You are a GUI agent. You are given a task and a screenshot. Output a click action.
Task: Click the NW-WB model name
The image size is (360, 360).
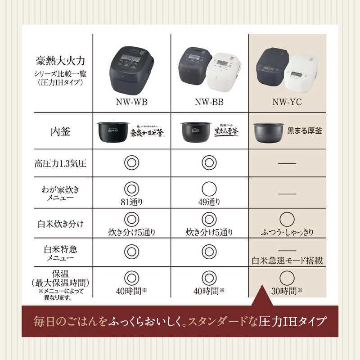pos(131,102)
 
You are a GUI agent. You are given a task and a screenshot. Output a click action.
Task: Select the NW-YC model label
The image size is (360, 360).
pos(287,102)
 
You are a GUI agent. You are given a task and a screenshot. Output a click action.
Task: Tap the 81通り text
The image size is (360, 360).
pos(131,201)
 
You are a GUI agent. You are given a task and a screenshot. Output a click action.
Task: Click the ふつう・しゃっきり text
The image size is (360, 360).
pos(287,233)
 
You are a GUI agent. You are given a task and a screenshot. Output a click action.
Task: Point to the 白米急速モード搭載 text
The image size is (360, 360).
pos(287,261)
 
